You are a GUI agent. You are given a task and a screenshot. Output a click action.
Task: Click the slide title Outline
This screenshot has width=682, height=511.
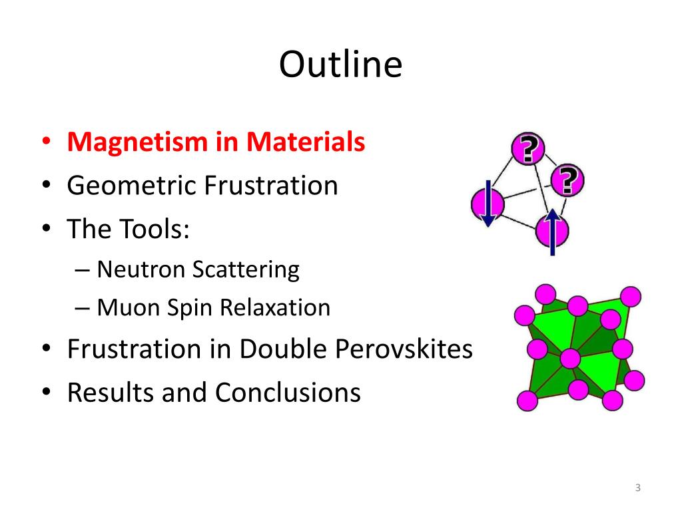pos(340,65)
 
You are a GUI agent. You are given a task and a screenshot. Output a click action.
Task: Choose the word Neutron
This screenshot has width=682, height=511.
pos(141,269)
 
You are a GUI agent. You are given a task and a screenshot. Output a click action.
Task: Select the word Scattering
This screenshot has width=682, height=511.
pos(246,269)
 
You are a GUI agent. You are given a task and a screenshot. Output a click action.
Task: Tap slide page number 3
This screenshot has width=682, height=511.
pos(637,489)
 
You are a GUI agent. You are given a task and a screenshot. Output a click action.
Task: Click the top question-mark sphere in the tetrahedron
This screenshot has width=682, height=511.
pos(528,149)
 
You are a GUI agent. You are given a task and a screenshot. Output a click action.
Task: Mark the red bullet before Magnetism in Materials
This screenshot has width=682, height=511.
pos(45,142)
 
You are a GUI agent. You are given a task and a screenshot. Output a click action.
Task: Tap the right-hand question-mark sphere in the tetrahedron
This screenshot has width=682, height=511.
pos(567,180)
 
